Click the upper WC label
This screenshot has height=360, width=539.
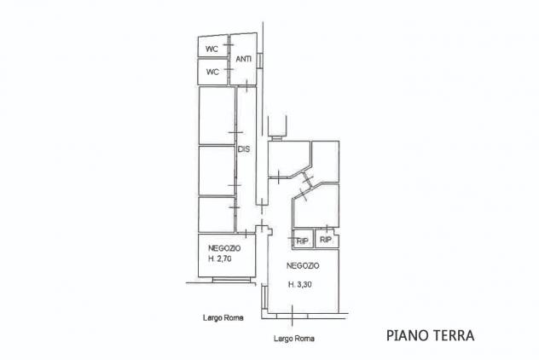pos(212,49)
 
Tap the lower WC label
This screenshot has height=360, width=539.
pos(212,72)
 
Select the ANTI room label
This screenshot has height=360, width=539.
pos(244,59)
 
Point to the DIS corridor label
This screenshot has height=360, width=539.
pos(244,149)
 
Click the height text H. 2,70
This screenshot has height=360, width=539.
pos(220,258)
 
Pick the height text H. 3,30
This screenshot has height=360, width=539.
pos(299,284)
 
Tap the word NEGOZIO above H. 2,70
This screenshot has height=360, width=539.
pos(224,248)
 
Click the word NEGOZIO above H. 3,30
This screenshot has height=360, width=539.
pos(303,265)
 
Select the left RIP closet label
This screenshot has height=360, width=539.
pos(302,241)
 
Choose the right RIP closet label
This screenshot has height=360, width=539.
pos(325,240)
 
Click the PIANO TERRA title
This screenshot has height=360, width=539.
pos(431,335)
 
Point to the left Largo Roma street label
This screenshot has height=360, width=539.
pos(223,317)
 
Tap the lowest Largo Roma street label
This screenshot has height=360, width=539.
pos(294,339)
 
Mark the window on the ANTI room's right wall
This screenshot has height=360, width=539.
pos(260,60)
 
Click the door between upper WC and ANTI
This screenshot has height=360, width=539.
pos(229,44)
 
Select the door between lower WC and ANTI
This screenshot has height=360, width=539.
pos(229,69)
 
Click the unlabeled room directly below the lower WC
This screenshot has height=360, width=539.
pos(217,116)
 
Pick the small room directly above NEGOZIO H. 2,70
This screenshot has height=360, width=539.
pos(217,215)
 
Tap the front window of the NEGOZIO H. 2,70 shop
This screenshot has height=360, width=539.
pos(231,280)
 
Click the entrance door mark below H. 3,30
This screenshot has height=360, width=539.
pos(292,316)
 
